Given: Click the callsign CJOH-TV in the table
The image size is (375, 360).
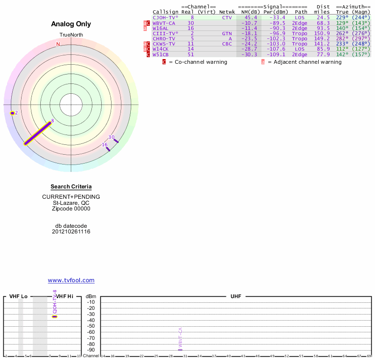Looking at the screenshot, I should click(165, 17).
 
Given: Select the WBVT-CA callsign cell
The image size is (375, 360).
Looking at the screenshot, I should click(164, 23).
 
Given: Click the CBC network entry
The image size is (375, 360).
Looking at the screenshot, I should click(227, 44).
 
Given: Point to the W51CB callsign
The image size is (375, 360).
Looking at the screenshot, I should click(160, 54).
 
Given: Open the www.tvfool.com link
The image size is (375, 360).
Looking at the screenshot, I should click(71, 280).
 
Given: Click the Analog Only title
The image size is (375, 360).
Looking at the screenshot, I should click(71, 24).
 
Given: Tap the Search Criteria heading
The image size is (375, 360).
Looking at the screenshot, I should click(71, 187).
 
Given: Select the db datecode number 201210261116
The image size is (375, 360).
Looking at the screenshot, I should click(71, 232).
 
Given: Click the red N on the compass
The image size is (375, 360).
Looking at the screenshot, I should click(58, 44).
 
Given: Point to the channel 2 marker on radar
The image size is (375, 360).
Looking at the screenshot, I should click(13, 113).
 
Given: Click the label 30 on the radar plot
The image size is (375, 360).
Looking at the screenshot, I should click(111, 137).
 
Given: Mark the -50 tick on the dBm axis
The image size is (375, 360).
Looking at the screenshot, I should click(91, 326).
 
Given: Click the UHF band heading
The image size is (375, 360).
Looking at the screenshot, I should click(236, 297).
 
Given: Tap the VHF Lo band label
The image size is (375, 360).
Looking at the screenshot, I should click(18, 297).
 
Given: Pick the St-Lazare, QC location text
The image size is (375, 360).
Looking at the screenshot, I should click(71, 202).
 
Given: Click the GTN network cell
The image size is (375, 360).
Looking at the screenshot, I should click(227, 34).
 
